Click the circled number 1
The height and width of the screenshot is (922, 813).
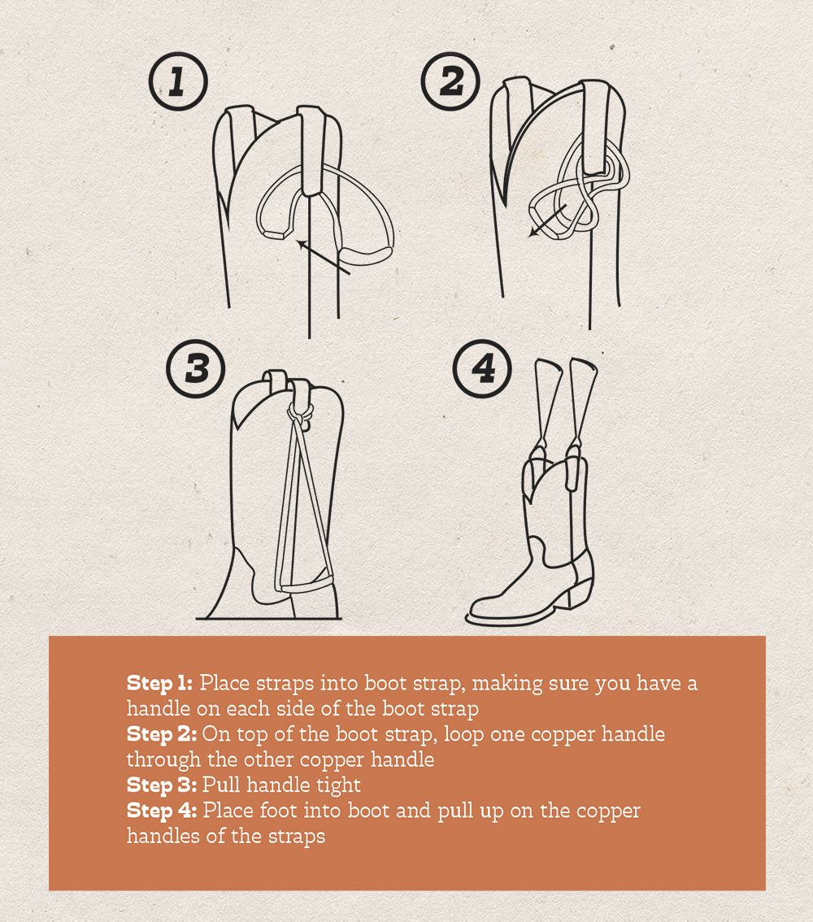click(x=178, y=81)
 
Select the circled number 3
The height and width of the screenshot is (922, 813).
click(x=196, y=367)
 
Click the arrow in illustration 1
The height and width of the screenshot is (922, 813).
click(x=323, y=257)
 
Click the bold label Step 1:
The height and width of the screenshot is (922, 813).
click(x=160, y=683)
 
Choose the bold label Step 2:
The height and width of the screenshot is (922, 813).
click(x=161, y=734)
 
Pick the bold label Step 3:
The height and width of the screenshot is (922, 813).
click(x=161, y=785)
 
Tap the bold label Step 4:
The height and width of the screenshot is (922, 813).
click(x=162, y=811)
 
